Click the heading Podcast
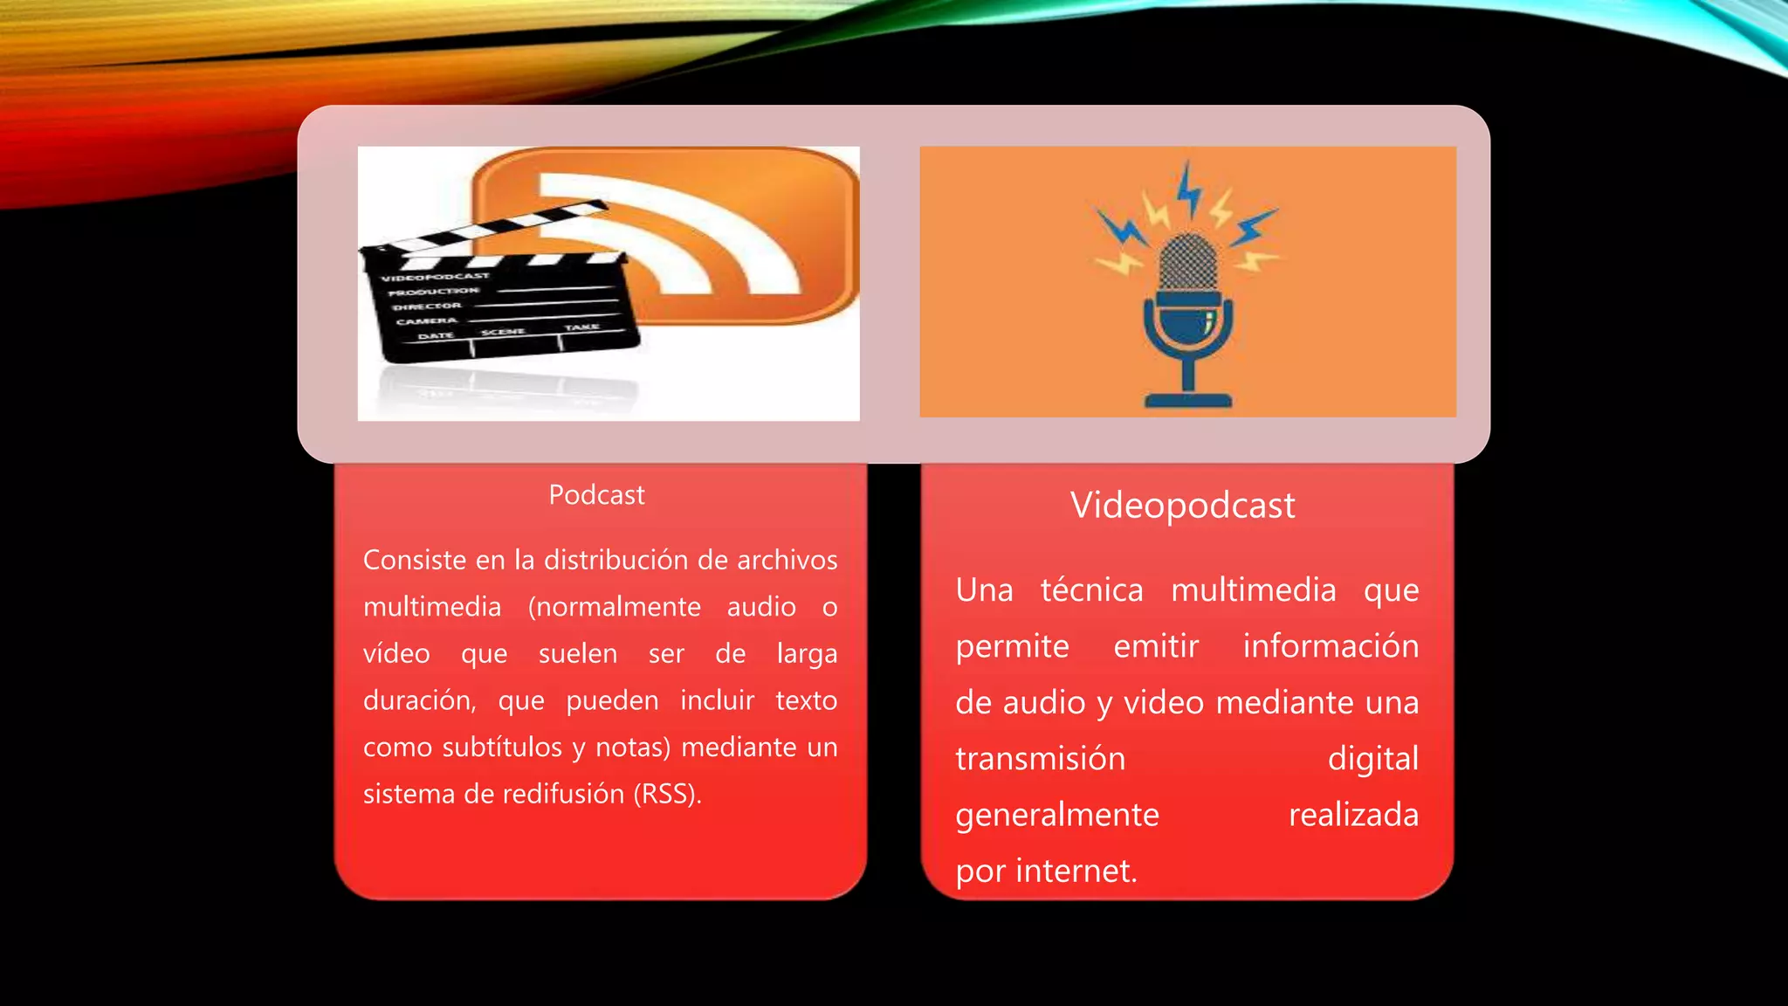tap(596, 495)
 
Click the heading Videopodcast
tap(1182, 506)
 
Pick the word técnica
tap(1091, 590)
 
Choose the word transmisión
tap(1040, 759)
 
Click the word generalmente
tap(1056, 815)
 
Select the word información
tap(1331, 646)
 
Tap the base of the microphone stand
tap(1187, 401)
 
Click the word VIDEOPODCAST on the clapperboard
tap(435, 277)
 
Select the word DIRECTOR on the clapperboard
tap(426, 307)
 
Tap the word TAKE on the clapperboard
tap(581, 327)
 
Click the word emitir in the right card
tap(1156, 646)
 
